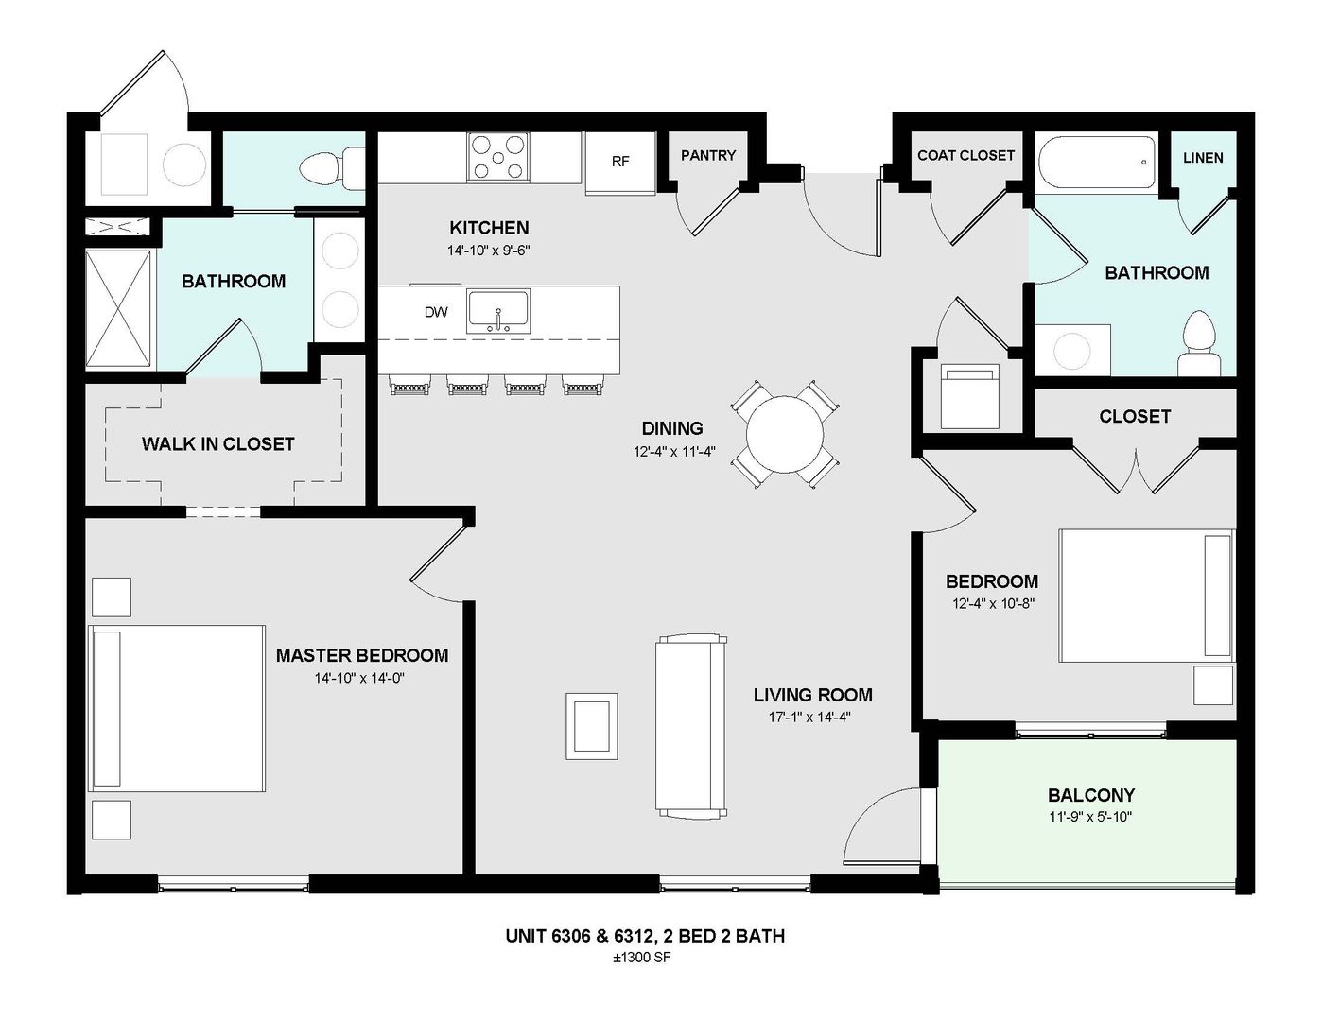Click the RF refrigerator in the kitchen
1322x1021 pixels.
619,162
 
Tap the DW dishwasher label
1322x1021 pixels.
436,312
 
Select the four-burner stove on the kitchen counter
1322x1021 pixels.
498,157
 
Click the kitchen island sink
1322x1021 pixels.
498,311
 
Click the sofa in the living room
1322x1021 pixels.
691,726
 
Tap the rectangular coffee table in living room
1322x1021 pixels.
591,726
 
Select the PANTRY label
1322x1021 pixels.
707,155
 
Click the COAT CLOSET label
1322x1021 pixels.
965,155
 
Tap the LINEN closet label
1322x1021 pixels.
1203,158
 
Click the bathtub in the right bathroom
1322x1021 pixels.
1097,164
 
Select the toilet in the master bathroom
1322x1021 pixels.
331,167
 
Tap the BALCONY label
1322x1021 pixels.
1090,795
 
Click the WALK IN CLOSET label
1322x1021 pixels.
217,443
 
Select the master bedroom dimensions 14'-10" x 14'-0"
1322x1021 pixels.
362,678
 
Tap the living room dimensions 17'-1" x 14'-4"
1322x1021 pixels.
812,717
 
